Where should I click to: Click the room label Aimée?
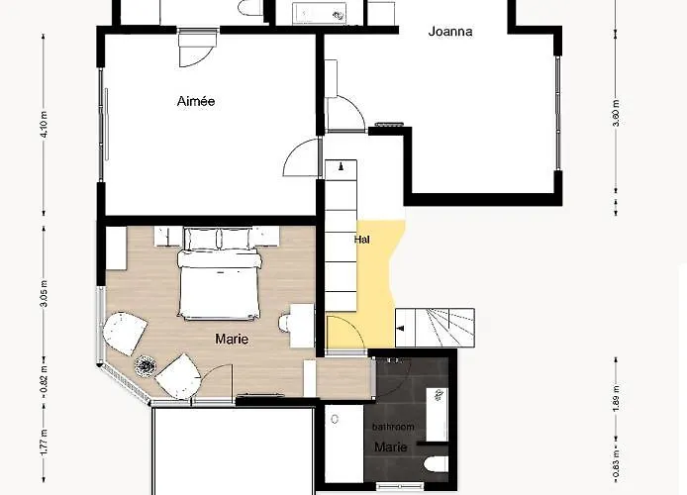tap(196, 101)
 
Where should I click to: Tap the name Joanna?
tap(450, 31)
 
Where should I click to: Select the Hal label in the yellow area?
tap(362, 240)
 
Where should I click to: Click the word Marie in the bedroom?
tap(232, 339)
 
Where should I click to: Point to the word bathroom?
tap(393, 427)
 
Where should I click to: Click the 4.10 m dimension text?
tap(44, 125)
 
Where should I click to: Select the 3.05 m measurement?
tap(44, 293)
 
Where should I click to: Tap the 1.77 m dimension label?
tap(44, 443)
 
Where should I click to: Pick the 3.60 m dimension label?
tap(616, 113)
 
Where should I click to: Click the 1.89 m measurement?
tap(616, 398)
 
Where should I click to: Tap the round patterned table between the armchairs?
tap(146, 365)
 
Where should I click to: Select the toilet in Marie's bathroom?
tap(437, 464)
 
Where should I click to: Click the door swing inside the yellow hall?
tap(345, 332)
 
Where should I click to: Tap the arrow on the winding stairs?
tap(401, 328)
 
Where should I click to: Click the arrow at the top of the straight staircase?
tap(341, 166)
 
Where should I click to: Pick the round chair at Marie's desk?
tap(284, 323)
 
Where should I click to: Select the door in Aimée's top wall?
tap(197, 49)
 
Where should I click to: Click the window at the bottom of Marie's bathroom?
tap(400, 485)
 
